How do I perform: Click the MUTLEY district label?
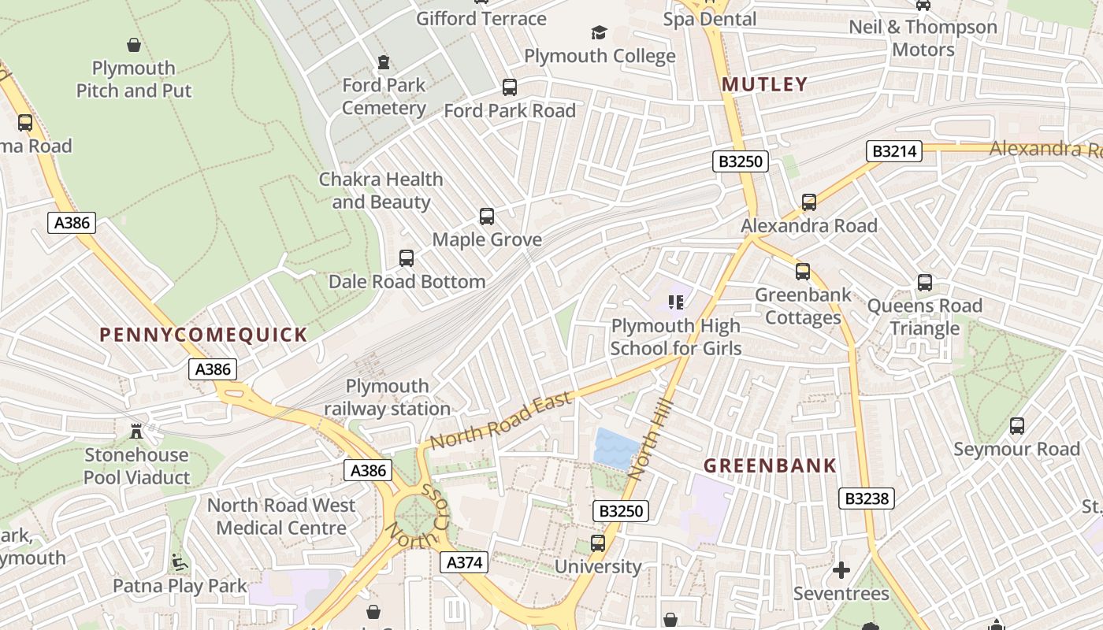pos(764,84)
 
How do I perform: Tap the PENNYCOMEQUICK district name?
pos(203,335)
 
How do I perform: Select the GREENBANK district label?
pos(770,465)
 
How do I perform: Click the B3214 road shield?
pos(894,151)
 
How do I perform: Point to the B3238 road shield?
pos(867,498)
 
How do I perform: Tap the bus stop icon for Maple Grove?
pos(487,217)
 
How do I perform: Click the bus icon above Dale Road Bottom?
pos(407,258)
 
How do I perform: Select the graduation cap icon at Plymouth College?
pos(600,33)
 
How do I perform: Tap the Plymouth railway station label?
pos(388,397)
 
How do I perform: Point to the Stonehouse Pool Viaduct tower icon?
pos(136,431)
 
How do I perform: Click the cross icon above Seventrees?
pos(841,570)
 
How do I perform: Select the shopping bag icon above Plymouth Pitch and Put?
pos(134,45)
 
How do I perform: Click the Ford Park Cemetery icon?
pos(384,61)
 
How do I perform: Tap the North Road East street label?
pos(500,422)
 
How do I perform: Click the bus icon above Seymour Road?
pos(1017,427)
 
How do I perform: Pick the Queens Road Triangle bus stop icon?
pos(925,283)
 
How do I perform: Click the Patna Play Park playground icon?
pos(180,563)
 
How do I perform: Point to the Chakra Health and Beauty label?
pos(381,191)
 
